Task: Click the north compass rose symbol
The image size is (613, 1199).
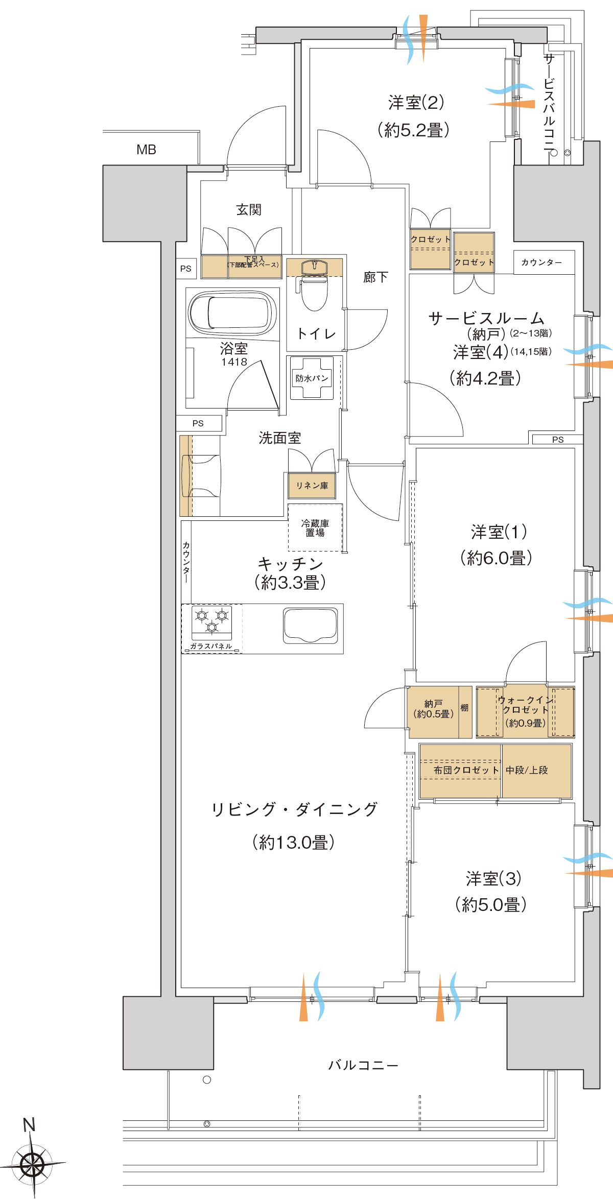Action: tap(34, 1165)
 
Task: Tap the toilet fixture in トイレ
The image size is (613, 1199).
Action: tap(314, 291)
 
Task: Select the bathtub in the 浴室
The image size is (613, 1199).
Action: tap(232, 313)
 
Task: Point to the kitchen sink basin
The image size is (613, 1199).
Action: tap(311, 625)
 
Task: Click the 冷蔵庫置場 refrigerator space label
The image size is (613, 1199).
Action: tap(315, 528)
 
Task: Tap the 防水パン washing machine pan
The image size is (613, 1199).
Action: tap(312, 378)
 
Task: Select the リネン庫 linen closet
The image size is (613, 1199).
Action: tap(312, 486)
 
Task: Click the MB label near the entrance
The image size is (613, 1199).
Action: tap(146, 150)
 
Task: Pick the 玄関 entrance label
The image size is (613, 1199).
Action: tap(249, 209)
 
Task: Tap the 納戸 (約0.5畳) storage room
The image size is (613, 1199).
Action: tap(434, 709)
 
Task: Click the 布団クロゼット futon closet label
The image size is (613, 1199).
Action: tap(466, 770)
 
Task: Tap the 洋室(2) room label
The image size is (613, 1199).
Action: tap(416, 103)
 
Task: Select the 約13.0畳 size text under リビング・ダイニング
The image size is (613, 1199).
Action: tap(293, 842)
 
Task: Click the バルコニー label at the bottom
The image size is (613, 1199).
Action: tap(363, 1065)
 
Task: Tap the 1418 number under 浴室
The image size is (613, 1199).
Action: tap(234, 362)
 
